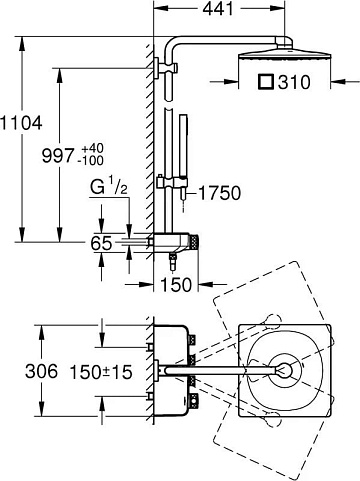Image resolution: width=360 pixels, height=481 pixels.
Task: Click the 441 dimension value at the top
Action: [x=218, y=9]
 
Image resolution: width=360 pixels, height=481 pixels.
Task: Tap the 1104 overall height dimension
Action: [x=21, y=123]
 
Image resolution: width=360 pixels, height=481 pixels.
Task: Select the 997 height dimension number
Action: [x=58, y=156]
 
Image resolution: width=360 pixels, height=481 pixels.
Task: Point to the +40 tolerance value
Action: [x=90, y=148]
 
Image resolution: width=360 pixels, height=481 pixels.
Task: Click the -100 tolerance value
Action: [x=90, y=161]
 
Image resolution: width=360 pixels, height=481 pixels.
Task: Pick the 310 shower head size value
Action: [x=294, y=82]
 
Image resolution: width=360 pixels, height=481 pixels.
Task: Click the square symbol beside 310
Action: [x=266, y=82]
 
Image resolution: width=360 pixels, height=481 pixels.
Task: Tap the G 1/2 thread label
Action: [x=109, y=188]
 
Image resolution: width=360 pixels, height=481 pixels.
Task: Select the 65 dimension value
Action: [x=101, y=243]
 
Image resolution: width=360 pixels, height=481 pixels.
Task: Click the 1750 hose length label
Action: [x=219, y=193]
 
